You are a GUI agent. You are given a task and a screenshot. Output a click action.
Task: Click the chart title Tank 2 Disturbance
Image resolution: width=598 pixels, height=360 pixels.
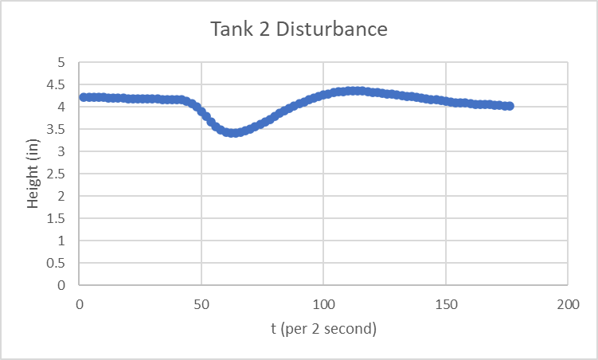tap(299, 30)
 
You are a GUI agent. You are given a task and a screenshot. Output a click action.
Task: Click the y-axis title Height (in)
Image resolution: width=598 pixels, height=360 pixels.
tap(33, 174)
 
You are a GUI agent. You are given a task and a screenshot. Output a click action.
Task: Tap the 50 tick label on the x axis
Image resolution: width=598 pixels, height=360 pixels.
tap(201, 303)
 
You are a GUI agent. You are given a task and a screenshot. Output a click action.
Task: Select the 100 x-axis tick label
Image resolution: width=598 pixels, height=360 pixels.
tap(323, 303)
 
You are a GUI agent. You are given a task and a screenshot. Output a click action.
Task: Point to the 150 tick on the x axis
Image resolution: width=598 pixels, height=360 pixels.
tap(445, 303)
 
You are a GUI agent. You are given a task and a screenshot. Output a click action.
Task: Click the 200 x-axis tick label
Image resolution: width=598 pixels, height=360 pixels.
tap(567, 303)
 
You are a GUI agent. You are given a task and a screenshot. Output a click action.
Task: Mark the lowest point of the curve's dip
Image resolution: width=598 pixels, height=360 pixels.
tap(232, 132)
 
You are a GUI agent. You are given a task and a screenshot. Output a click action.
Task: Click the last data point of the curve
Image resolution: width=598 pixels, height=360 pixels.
tap(509, 106)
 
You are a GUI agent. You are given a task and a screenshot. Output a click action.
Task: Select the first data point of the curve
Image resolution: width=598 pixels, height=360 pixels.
tap(84, 97)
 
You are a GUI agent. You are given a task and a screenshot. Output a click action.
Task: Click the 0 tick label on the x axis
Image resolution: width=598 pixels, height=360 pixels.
tap(80, 303)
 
